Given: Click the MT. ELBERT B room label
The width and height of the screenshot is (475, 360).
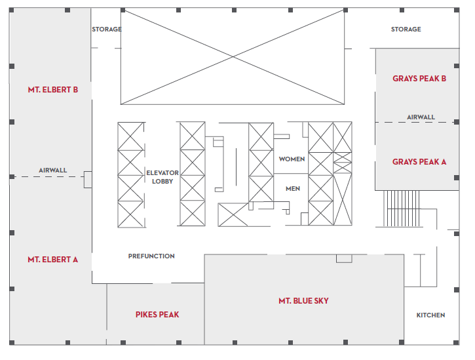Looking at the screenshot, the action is [x=53, y=90].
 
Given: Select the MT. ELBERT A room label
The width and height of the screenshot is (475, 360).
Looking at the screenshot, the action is [x=52, y=260].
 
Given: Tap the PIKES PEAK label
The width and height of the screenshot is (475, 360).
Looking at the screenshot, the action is [x=157, y=315].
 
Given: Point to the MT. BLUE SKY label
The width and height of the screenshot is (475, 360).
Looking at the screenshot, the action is [x=303, y=301].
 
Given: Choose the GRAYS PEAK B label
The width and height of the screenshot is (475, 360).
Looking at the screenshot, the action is [x=419, y=79].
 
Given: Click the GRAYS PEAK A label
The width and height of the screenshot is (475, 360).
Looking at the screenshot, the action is [x=419, y=162].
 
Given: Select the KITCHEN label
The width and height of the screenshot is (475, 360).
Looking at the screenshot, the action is [x=430, y=315].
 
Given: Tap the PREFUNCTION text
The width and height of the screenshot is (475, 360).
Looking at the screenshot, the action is [x=151, y=256].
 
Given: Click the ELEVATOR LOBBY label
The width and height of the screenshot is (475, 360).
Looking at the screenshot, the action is [x=162, y=177].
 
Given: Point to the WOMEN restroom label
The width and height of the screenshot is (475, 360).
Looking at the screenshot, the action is [x=292, y=159].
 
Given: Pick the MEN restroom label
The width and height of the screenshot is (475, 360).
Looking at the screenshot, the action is [x=293, y=189].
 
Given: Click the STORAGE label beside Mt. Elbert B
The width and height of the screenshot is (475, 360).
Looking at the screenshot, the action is [x=107, y=29].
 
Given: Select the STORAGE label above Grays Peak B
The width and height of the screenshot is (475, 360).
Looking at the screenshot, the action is [x=406, y=29].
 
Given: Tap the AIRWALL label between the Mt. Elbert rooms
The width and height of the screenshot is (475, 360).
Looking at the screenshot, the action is [x=52, y=170].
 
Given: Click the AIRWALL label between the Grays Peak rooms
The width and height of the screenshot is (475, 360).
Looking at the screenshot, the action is [x=421, y=117].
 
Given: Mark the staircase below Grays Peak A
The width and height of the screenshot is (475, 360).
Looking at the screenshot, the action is [x=402, y=209].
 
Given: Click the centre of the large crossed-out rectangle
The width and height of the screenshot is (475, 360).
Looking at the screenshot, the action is [x=233, y=56].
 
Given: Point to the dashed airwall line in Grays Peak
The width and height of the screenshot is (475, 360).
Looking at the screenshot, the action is [x=417, y=122].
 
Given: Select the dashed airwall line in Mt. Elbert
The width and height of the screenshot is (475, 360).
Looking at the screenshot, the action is [x=48, y=176].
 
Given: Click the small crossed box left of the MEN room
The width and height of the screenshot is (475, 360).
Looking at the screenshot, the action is [x=233, y=214].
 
